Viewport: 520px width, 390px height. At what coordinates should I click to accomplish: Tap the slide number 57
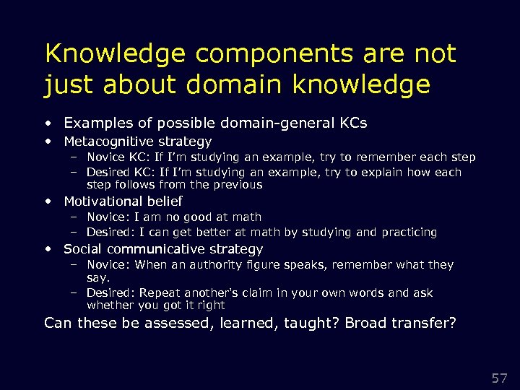click(499, 378)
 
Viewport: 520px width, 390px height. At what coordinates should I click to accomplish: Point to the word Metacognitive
click(108, 142)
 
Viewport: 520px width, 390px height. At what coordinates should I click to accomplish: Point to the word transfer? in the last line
click(422, 322)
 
